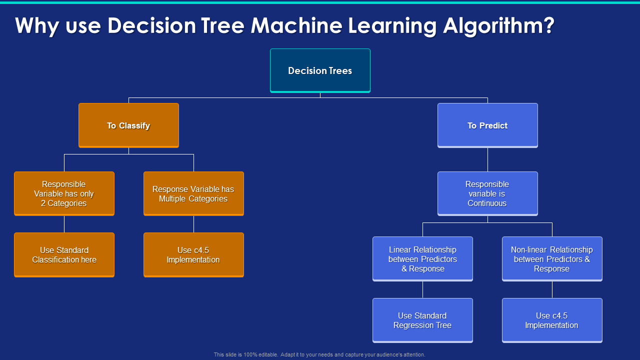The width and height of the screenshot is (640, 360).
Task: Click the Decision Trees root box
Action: pyautogui.click(x=320, y=70)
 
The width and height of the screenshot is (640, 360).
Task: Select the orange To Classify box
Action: pyautogui.click(x=128, y=125)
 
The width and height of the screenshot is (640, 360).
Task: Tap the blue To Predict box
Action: pyautogui.click(x=487, y=125)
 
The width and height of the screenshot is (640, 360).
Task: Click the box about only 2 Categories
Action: pyautogui.click(x=64, y=193)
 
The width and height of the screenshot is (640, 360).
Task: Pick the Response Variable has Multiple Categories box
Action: pyautogui.click(x=193, y=193)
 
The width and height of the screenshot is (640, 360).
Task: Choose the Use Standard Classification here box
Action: pyautogui.click(x=64, y=254)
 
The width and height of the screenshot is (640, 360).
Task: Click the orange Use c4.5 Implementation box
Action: pyautogui.click(x=193, y=254)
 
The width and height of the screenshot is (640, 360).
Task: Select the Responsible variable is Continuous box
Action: pyautogui.click(x=487, y=193)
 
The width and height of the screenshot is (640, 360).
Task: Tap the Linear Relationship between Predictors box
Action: pyautogui.click(x=422, y=258)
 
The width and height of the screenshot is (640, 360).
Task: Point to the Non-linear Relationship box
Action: pyautogui.click(x=552, y=258)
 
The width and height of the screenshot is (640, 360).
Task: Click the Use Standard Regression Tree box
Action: pyautogui.click(x=422, y=320)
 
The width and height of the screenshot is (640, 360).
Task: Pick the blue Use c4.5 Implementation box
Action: pyautogui.click(x=552, y=320)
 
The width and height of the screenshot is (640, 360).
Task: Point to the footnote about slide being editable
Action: pyautogui.click(x=319, y=354)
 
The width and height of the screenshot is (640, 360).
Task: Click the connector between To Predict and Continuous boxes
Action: pyautogui.click(x=487, y=159)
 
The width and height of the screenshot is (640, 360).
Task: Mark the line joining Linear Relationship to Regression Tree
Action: pyautogui.click(x=422, y=289)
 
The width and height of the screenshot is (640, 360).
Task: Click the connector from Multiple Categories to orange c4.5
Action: pyautogui.click(x=193, y=224)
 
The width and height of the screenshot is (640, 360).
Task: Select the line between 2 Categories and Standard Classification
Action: pyautogui.click(x=64, y=224)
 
